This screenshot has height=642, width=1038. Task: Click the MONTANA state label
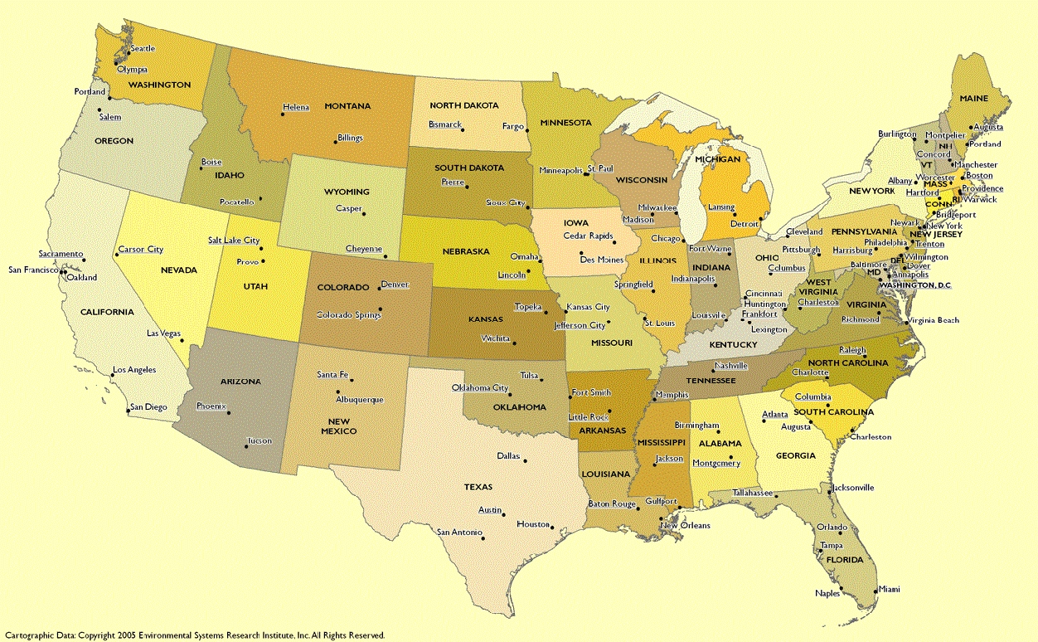point(347,106)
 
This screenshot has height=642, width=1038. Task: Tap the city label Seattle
point(142,49)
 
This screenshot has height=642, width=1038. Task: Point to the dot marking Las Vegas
point(182,341)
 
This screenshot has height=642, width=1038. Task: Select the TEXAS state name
point(478,487)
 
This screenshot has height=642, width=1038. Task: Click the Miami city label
point(889,589)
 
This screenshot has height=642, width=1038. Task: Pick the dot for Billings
point(336,142)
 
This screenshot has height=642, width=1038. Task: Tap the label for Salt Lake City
point(234,241)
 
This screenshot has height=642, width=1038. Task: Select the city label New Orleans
point(685,526)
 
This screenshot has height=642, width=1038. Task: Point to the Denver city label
point(395,285)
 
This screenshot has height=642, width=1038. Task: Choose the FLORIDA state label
point(845,559)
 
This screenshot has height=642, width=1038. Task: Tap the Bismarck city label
point(444,124)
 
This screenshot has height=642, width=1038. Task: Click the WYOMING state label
point(347,192)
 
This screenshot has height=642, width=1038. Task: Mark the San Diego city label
point(149,407)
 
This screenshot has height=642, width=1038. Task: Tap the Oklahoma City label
point(480,388)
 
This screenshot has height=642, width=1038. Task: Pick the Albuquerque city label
point(360,400)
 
